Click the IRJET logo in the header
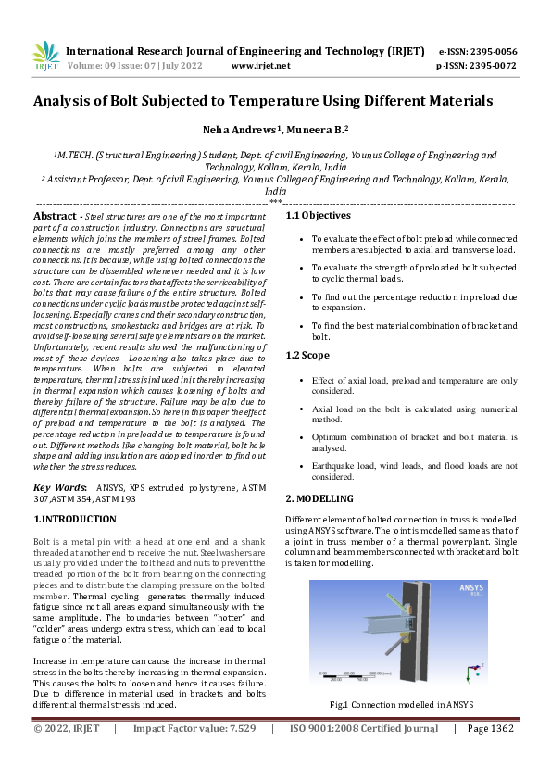pyautogui.click(x=45, y=57)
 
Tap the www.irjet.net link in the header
pyautogui.click(x=260, y=66)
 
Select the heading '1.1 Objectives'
pyautogui.click(x=318, y=216)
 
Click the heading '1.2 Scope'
pyautogui.click(x=307, y=355)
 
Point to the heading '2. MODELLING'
pyautogui.click(x=319, y=498)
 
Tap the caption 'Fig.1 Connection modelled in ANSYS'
pyautogui.click(x=401, y=705)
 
